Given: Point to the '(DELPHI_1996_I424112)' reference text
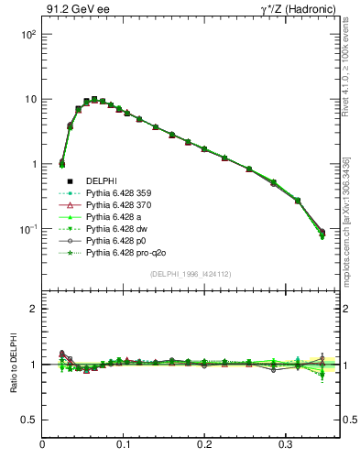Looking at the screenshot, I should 189,274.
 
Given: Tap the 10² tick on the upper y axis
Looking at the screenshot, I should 28,34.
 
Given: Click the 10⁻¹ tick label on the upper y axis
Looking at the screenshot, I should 28,229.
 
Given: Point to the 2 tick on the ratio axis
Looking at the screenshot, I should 33,309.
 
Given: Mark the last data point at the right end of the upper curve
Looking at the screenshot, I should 322,234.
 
